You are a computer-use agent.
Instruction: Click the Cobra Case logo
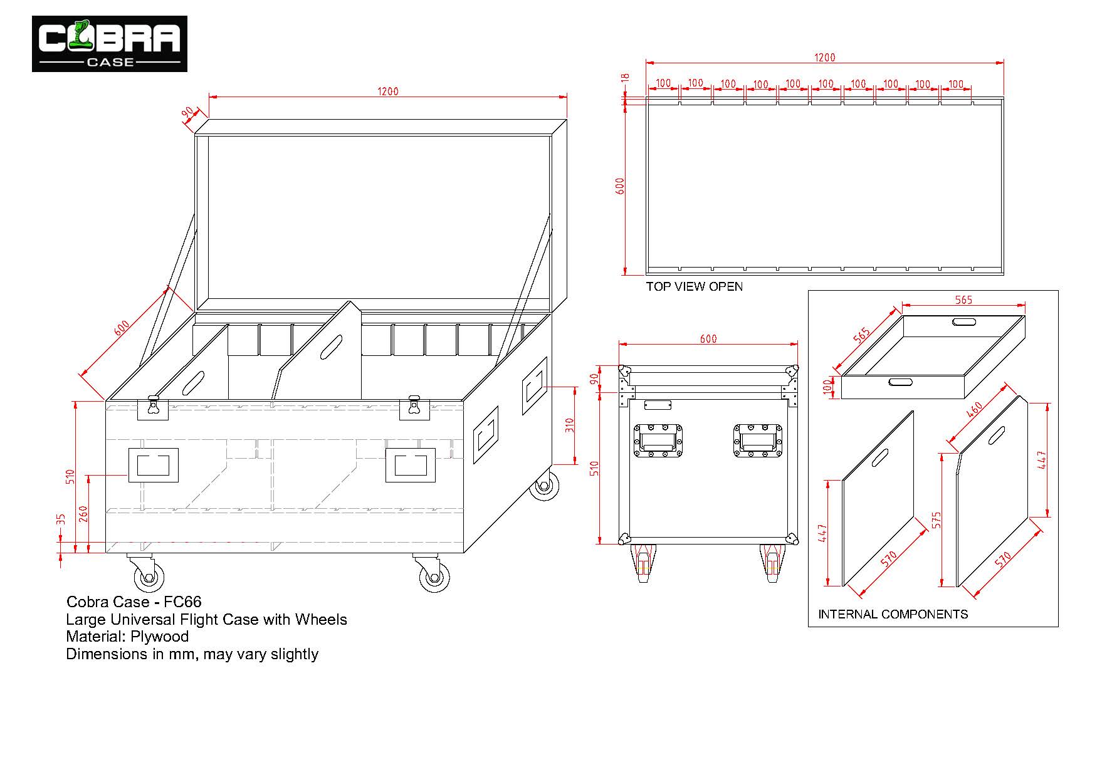pos(110,44)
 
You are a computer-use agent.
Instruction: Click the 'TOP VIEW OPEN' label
pos(695,287)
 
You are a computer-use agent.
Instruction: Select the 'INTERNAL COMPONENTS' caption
pos(893,615)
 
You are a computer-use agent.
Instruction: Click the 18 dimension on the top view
pos(625,78)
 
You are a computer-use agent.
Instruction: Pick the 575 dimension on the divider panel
pos(937,519)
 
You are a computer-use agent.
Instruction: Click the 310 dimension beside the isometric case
pos(569,426)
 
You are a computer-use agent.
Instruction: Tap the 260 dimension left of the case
pos(83,514)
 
